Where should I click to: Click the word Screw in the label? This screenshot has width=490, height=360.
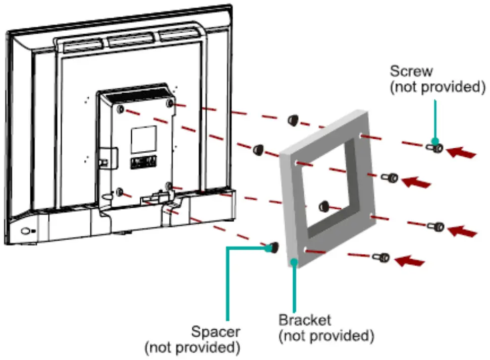411,71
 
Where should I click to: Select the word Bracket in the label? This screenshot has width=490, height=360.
305,320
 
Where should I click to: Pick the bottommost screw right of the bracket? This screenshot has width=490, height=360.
381,258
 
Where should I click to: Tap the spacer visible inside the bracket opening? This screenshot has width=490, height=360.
324,206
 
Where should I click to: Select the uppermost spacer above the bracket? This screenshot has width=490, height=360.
292,120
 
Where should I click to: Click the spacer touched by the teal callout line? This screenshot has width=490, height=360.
273,247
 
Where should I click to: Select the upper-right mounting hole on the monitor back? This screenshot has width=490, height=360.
170,104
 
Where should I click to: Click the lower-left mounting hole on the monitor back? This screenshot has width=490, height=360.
120,192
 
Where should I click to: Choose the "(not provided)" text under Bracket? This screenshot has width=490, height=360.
326,335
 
